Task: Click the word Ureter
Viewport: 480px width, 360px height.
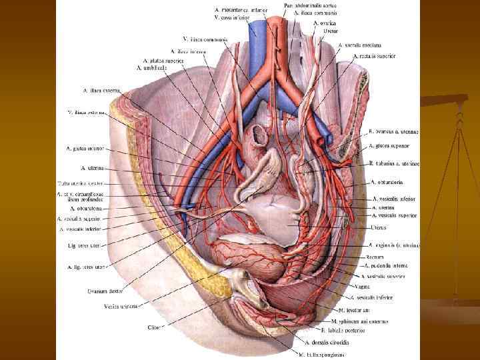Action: (330, 31)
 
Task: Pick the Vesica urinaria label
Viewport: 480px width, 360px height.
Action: (121, 307)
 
